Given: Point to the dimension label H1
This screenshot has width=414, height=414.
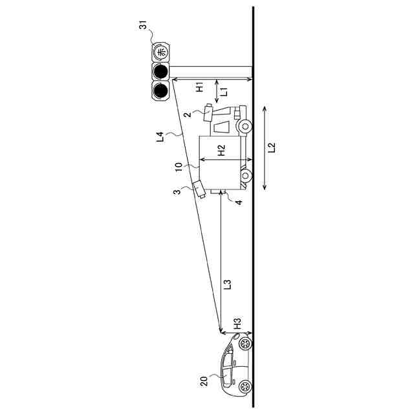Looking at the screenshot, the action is tap(200, 85).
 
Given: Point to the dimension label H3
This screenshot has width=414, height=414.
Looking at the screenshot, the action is tap(237, 323).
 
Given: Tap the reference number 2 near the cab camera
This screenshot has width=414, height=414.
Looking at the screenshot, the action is tap(186, 115).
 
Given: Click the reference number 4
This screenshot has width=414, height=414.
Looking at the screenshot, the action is tap(238, 202).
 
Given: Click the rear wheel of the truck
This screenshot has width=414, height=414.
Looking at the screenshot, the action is tap(245, 175).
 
